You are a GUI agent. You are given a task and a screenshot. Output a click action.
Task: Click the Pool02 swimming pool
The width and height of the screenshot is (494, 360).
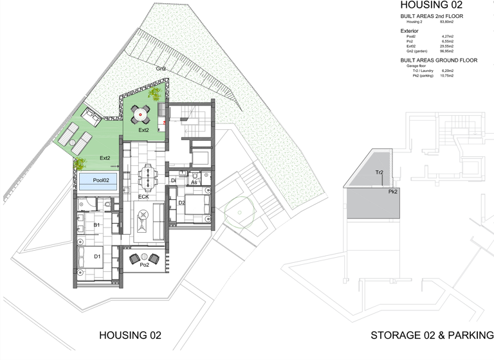click(x=97, y=181)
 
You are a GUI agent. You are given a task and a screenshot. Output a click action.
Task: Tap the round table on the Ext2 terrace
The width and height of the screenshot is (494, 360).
click(x=141, y=115)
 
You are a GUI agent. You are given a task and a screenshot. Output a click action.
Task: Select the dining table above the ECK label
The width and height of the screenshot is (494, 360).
click(x=148, y=176)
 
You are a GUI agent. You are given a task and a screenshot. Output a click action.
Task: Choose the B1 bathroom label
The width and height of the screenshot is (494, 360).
click(x=96, y=226)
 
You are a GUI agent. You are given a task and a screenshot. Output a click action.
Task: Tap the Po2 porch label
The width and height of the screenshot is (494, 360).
click(x=144, y=264)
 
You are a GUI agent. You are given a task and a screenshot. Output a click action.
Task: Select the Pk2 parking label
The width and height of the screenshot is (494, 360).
click(x=392, y=192)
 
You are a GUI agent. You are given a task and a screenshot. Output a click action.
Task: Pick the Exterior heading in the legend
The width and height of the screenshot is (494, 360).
click(x=410, y=30)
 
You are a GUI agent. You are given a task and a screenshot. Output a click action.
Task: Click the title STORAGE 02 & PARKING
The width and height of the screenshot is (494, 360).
click(x=432, y=336)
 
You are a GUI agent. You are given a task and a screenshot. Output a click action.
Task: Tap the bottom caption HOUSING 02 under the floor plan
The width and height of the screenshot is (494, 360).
click(x=129, y=336)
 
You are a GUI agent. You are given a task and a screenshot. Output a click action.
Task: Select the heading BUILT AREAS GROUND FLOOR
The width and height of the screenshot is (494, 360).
click(x=439, y=60)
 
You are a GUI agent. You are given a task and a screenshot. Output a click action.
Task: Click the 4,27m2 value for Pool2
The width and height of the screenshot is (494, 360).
click(x=448, y=37)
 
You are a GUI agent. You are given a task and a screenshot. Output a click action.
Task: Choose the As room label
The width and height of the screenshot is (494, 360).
click(x=194, y=183)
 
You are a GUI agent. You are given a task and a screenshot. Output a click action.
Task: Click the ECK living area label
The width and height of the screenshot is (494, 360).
click(x=144, y=197)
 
